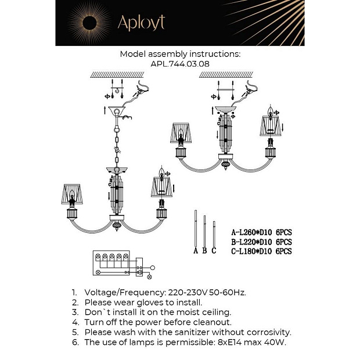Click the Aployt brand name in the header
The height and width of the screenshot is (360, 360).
click(x=141, y=23)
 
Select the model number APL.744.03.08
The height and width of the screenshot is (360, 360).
click(x=180, y=64)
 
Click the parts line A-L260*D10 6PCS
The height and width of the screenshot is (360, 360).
click(x=261, y=233)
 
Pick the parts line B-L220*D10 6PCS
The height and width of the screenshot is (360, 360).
click(x=261, y=242)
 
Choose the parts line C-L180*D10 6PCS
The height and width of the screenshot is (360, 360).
click(x=261, y=251)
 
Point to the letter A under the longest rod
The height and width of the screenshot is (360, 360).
click(x=196, y=250)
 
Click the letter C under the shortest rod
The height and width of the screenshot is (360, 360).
click(x=214, y=250)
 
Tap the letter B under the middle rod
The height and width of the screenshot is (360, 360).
click(x=204, y=250)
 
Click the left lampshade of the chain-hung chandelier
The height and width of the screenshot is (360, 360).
click(x=72, y=194)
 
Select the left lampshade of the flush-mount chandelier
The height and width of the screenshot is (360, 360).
click(x=181, y=133)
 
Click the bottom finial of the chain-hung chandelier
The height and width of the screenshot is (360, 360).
click(x=117, y=226)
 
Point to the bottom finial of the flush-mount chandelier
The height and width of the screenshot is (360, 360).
click(x=226, y=165)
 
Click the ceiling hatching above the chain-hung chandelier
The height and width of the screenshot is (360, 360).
click(x=117, y=75)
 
